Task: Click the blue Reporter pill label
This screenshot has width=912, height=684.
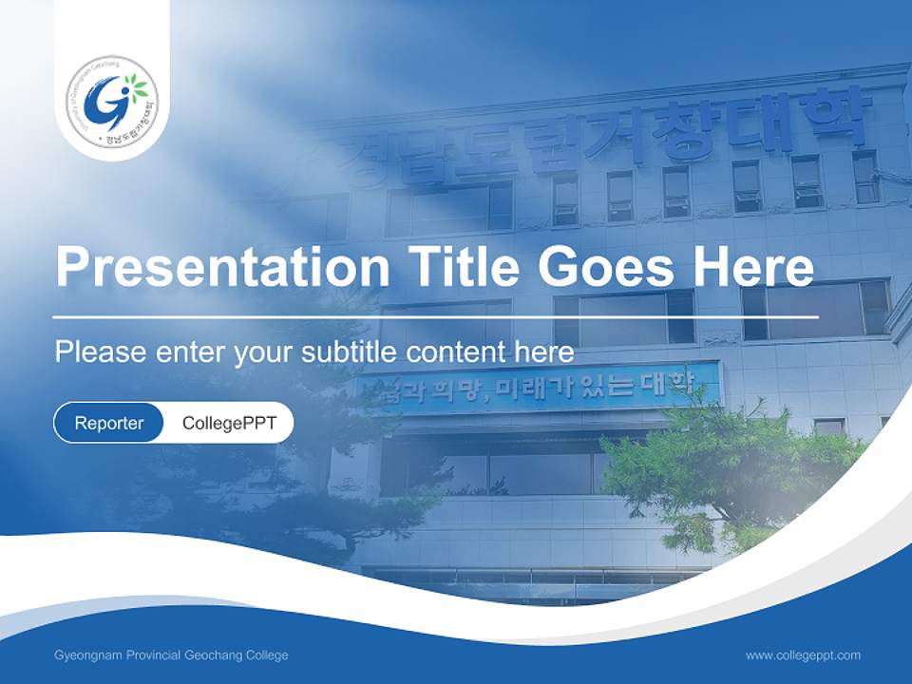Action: [x=109, y=423]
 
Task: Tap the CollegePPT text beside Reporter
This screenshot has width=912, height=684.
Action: [x=229, y=423]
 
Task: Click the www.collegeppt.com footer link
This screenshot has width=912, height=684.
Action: [x=803, y=655]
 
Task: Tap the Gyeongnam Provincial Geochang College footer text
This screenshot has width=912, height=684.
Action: [x=171, y=655]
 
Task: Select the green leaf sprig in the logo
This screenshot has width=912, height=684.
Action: [x=138, y=88]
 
